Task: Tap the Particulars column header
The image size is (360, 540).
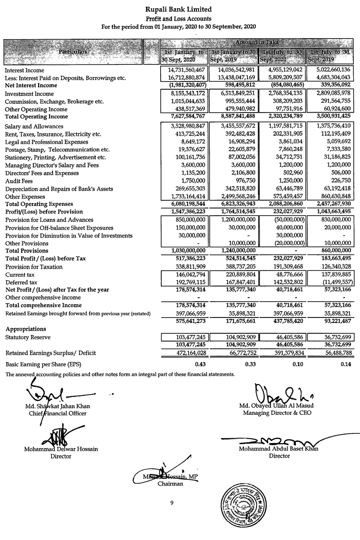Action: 72,52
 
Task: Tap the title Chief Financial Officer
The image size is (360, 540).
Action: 58,413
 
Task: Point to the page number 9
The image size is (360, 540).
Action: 172,503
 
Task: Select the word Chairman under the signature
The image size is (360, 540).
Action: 171,484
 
